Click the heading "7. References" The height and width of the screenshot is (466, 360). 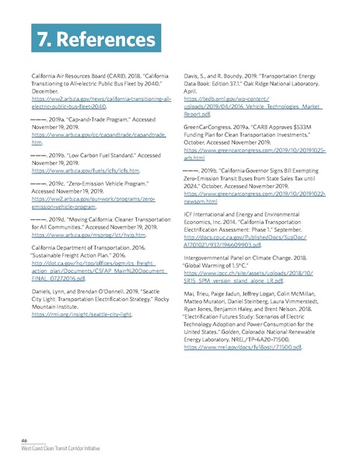click(75, 37)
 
